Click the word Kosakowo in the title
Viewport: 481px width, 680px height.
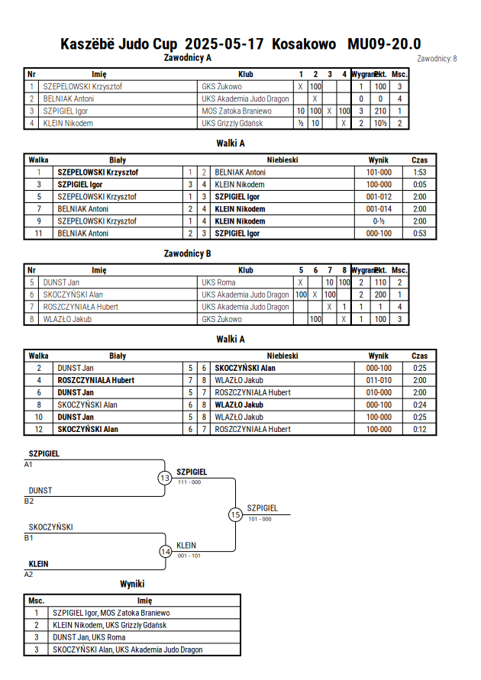point(304,44)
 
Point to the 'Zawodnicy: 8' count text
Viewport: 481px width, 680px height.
point(437,59)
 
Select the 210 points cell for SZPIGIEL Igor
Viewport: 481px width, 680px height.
point(380,111)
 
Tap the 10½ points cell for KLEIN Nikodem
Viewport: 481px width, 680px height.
point(380,123)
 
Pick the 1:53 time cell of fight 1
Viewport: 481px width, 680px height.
point(419,172)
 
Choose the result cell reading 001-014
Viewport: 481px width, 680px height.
point(379,208)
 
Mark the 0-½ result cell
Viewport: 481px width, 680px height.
point(379,221)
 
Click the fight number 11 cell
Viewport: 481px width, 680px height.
point(39,234)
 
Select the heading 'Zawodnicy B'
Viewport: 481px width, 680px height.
point(187,253)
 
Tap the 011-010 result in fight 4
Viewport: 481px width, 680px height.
point(379,380)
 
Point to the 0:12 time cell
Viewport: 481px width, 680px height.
point(419,429)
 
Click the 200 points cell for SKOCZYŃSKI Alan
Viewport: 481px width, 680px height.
point(380,295)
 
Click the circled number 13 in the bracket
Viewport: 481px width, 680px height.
point(165,478)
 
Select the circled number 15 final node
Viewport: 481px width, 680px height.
point(235,515)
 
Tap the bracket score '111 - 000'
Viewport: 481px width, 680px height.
point(189,482)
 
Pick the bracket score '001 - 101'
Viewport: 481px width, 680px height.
point(189,556)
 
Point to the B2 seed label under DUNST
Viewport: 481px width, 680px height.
point(28,501)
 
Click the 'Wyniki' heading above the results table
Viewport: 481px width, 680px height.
point(132,584)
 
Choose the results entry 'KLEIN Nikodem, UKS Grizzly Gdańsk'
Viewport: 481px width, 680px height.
point(110,625)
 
